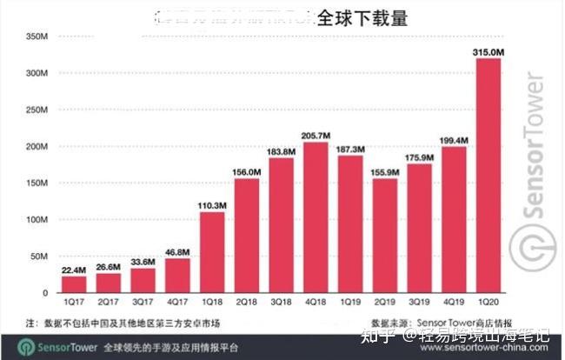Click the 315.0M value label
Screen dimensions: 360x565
pos(489,52)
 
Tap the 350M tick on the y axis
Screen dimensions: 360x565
pos(36,37)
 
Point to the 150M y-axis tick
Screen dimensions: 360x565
pos(36,183)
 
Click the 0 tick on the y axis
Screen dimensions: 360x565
pos(43,293)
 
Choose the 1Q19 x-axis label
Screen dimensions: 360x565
pos(351,303)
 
